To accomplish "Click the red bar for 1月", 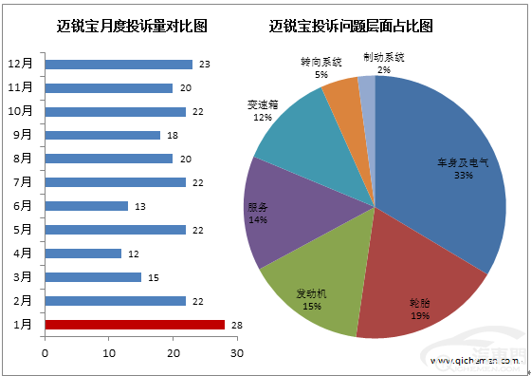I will coord(135,325).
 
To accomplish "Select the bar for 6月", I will coord(86,206).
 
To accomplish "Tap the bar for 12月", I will coord(119,65).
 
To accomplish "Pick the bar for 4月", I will coord(83,254).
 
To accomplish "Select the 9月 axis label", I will coord(25,135).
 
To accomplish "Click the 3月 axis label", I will coord(25,277).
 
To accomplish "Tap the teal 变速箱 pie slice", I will coord(294,128).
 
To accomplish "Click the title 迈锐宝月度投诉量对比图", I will coord(125,26).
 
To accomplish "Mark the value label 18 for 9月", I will coord(171,135).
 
